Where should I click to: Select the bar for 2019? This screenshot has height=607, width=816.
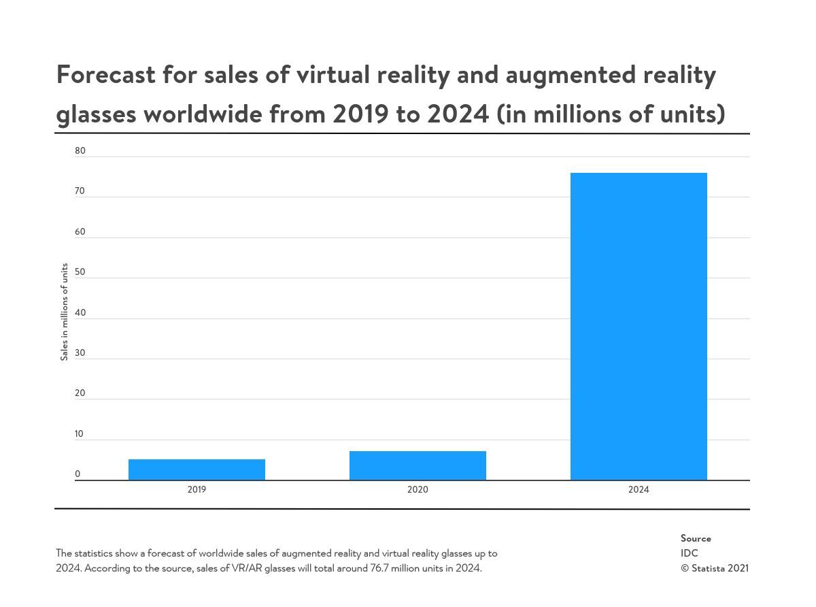click(x=197, y=470)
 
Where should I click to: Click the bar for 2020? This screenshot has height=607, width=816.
click(x=418, y=465)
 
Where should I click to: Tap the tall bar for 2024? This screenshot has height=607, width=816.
click(x=639, y=327)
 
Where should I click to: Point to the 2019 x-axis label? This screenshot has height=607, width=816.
click(x=197, y=489)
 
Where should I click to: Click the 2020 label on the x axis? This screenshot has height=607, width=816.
click(x=418, y=489)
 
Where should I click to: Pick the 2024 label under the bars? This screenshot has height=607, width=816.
click(x=639, y=489)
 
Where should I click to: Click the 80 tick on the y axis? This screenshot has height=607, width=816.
click(x=80, y=150)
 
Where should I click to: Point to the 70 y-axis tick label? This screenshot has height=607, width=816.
click(x=80, y=191)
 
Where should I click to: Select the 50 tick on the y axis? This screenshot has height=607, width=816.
click(x=80, y=272)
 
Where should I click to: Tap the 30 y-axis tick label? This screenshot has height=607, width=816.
click(x=80, y=352)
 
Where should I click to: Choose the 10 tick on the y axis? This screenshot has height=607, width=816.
click(x=80, y=433)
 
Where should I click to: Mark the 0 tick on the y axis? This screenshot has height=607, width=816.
click(x=78, y=474)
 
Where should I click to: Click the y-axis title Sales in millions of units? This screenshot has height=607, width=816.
click(x=65, y=312)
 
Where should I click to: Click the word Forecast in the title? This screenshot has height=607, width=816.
click(x=105, y=74)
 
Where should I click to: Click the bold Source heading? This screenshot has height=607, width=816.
click(x=696, y=538)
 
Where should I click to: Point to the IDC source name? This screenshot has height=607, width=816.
click(x=690, y=553)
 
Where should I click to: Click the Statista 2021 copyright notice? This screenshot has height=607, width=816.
click(x=715, y=568)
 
